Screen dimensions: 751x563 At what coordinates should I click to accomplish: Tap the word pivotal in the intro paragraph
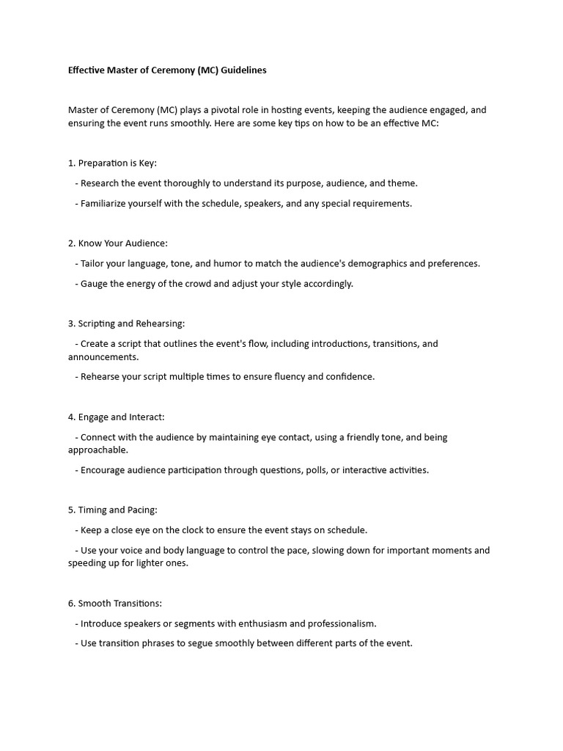click(221, 110)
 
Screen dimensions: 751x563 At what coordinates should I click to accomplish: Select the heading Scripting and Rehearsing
click(127, 323)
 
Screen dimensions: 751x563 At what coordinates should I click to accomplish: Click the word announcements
click(103, 357)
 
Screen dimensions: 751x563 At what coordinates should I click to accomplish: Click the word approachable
click(97, 450)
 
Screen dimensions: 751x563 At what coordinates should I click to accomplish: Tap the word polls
click(315, 470)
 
